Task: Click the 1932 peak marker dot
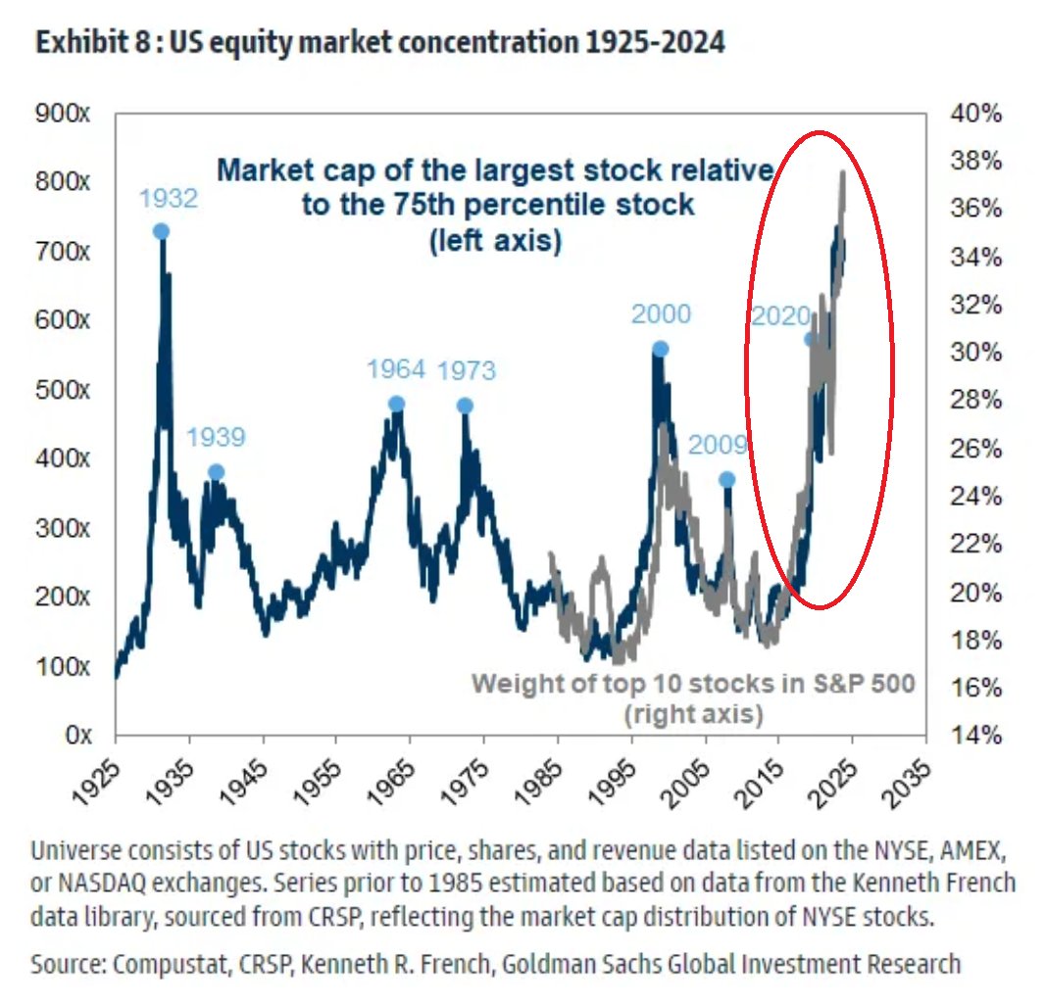pyautogui.click(x=161, y=231)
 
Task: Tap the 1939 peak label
pyautogui.click(x=215, y=437)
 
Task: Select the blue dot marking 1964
pyautogui.click(x=396, y=404)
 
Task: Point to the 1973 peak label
pyautogui.click(x=466, y=371)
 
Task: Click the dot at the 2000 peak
pyautogui.click(x=660, y=349)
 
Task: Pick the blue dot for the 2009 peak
pyautogui.click(x=726, y=479)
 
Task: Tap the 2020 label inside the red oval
pyautogui.click(x=780, y=315)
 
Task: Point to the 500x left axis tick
pyautogui.click(x=66, y=390)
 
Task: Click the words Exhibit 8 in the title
pyautogui.click(x=84, y=44)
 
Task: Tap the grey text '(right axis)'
pyautogui.click(x=694, y=714)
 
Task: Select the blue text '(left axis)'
pyautogui.click(x=495, y=240)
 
